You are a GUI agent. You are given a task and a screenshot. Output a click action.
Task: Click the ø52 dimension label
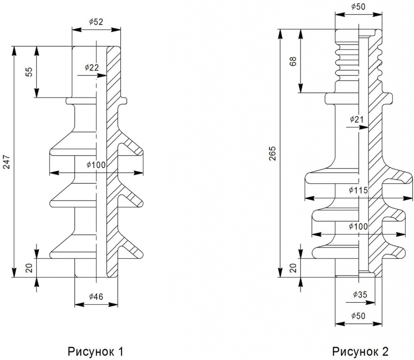pos(96,22)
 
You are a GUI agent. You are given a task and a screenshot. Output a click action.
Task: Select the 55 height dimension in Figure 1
pos(30,72)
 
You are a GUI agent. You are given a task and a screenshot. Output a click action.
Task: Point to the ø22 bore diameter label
pos(91,67)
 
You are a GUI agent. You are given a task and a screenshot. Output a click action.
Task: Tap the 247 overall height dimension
pos(7,162)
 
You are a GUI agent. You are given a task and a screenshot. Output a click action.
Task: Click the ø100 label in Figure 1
pos(96,165)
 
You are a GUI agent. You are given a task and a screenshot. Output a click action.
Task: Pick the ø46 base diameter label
pos(96,297)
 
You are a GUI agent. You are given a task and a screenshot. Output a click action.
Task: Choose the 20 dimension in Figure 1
pos(30,268)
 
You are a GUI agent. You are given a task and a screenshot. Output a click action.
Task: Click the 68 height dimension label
pos(294,61)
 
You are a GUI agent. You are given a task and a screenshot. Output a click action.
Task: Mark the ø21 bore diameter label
pos(357,120)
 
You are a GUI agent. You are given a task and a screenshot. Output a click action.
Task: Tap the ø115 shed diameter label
pos(358,190)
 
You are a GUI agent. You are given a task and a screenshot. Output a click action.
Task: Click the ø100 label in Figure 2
pos(358,226)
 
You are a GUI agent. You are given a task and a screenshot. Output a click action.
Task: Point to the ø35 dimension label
pos(360,294)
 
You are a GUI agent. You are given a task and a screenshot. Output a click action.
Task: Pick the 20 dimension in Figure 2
pos(294,268)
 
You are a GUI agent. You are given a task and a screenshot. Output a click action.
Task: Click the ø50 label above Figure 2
pos(358,7)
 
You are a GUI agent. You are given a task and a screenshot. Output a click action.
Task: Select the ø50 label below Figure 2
pos(358,315)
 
